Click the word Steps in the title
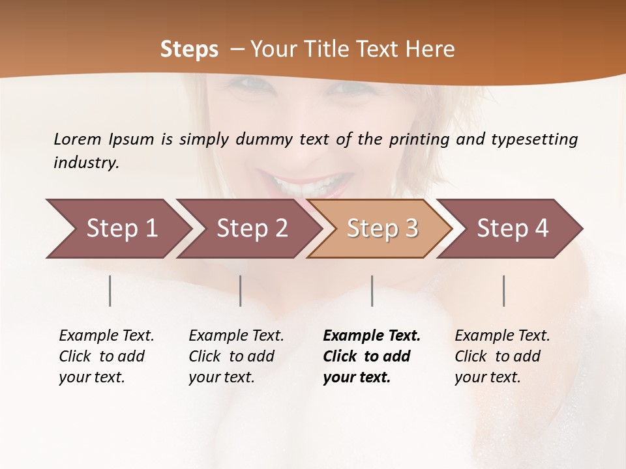(189, 50)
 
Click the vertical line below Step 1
(110, 291)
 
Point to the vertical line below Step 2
(241, 291)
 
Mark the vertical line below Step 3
(372, 291)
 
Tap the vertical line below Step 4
(504, 291)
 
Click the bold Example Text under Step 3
(372, 335)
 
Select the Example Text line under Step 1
(106, 335)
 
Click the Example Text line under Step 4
(502, 335)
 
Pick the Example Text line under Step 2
(236, 335)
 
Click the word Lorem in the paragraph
(77, 139)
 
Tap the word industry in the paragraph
(86, 163)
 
